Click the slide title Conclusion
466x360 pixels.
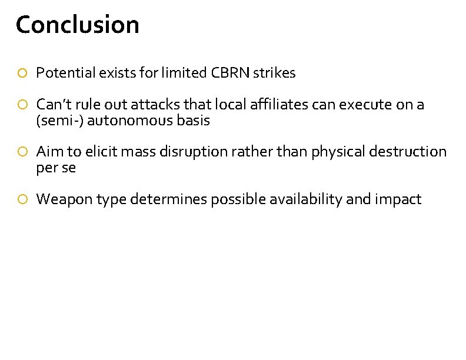pyautogui.click(x=78, y=25)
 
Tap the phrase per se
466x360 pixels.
pyautogui.click(x=56, y=168)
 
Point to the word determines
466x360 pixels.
pyautogui.click(x=168, y=199)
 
